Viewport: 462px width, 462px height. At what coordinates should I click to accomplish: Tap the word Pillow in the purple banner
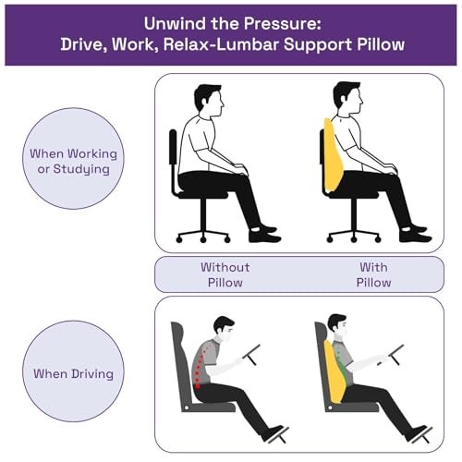click(381, 44)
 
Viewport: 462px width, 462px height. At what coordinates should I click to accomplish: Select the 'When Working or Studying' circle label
click(73, 159)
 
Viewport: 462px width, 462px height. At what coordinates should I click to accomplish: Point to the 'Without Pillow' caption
click(225, 274)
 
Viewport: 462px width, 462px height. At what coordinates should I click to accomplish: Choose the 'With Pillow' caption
click(373, 274)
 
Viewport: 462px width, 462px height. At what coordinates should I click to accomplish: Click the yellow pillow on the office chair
click(333, 156)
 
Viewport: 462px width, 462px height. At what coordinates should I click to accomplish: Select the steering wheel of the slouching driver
click(251, 355)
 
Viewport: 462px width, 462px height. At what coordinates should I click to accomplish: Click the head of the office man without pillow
click(209, 101)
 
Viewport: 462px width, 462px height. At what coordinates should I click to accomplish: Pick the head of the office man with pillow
click(348, 99)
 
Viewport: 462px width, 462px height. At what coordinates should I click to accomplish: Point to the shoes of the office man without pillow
click(264, 235)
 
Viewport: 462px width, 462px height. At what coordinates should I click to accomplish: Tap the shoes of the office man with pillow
click(415, 234)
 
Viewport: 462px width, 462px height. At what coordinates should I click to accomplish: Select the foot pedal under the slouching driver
click(279, 435)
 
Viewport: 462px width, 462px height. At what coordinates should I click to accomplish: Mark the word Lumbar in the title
click(248, 44)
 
